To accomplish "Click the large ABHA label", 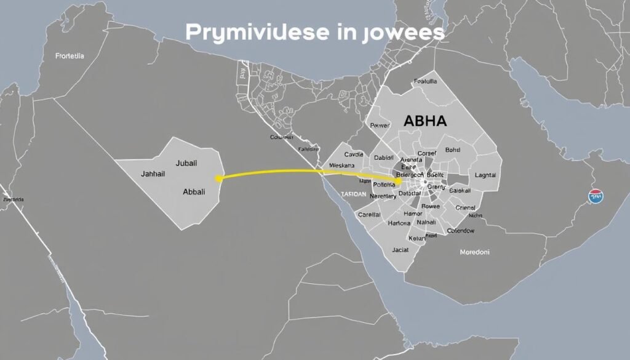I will [x=424, y=121].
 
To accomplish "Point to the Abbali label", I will [x=194, y=191].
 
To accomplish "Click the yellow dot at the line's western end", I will [x=218, y=178].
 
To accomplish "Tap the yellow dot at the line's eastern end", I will [x=398, y=182].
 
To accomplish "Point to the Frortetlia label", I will [x=70, y=56].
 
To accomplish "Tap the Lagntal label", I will [x=485, y=175].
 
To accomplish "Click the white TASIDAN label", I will [x=352, y=193].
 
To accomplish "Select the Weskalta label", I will [x=342, y=166].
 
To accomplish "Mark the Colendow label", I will [x=460, y=231].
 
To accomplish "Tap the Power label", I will [x=380, y=125].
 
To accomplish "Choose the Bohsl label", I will [x=452, y=150].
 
